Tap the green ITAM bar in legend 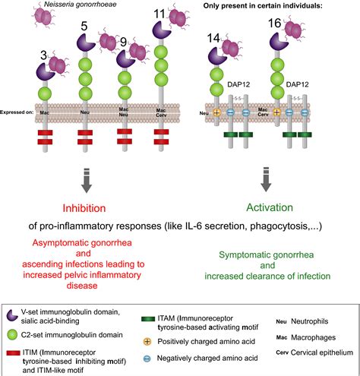174,307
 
